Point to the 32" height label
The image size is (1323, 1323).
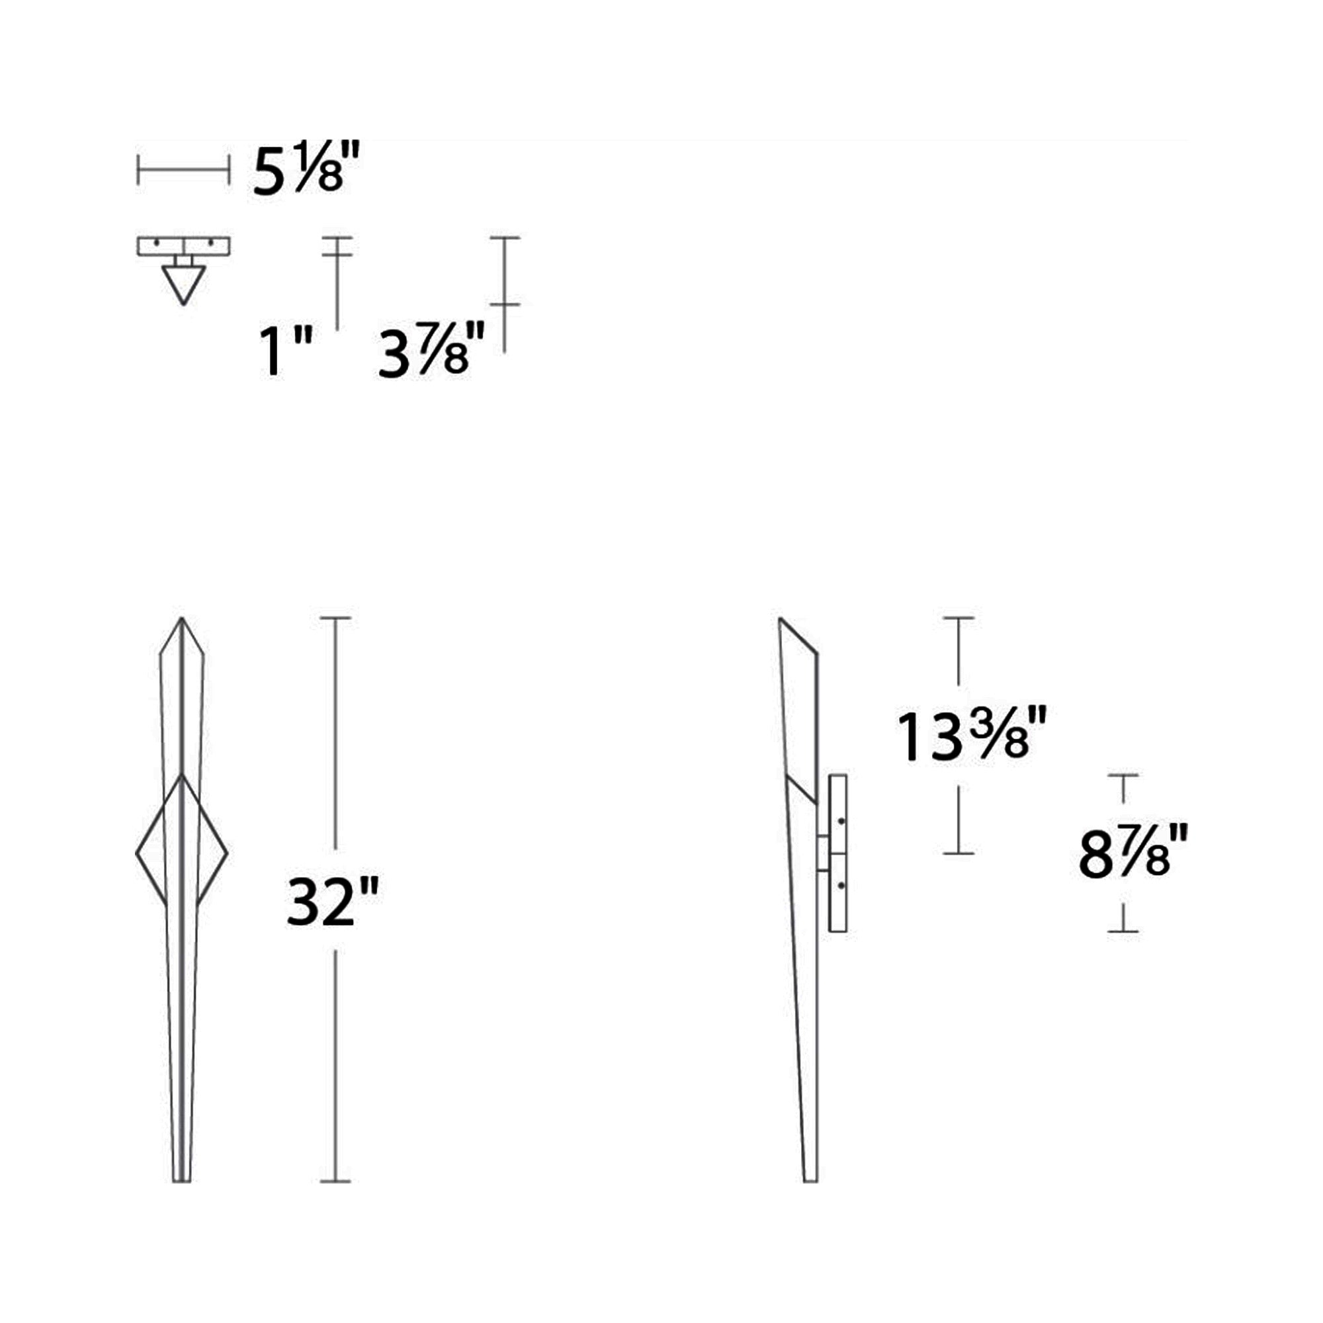click(332, 901)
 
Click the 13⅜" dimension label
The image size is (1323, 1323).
click(972, 737)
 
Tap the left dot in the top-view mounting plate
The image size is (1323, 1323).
click(157, 243)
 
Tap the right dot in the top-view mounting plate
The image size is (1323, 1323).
click(210, 243)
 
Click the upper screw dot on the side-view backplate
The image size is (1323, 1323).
click(841, 821)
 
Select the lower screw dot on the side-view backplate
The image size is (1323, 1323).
click(841, 886)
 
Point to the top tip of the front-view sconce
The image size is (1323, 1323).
click(182, 619)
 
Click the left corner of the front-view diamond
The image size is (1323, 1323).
click(137, 853)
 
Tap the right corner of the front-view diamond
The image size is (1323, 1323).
click(227, 853)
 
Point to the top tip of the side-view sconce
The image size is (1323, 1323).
click(781, 619)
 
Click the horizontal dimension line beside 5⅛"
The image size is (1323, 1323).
click(183, 169)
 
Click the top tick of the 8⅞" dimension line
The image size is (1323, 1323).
click(1123, 775)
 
